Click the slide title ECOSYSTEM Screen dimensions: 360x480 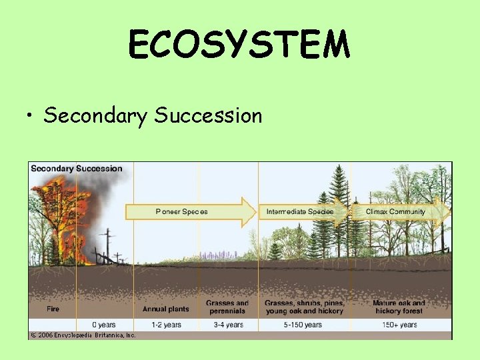pyautogui.click(x=239, y=45)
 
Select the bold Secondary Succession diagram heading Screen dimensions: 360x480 pyautogui.click(x=77, y=169)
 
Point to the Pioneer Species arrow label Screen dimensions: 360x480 pyautogui.click(x=181, y=211)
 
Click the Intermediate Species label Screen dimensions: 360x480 pyautogui.click(x=299, y=211)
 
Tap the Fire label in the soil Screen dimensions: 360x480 pyautogui.click(x=53, y=309)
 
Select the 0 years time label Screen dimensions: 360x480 pyautogui.click(x=103, y=325)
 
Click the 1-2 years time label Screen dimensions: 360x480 pyautogui.click(x=165, y=325)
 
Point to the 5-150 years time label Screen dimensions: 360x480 pyautogui.click(x=303, y=325)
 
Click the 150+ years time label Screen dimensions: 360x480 pyautogui.click(x=399, y=325)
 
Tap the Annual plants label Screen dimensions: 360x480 pyautogui.click(x=165, y=309)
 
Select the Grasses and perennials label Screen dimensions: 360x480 pyautogui.click(x=227, y=307)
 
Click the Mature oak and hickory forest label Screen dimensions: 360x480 pyautogui.click(x=399, y=307)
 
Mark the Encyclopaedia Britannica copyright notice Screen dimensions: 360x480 pyautogui.click(x=83, y=335)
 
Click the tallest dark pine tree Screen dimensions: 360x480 pyautogui.click(x=339, y=207)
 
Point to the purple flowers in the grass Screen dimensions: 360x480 pyautogui.click(x=220, y=254)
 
